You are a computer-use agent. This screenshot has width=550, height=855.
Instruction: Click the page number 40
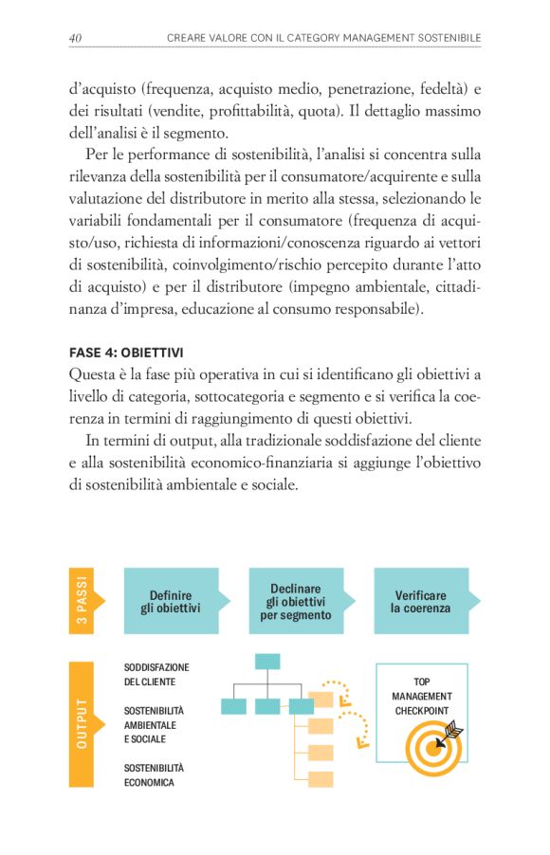(x=75, y=37)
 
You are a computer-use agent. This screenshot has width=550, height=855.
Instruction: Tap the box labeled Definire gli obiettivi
(x=171, y=602)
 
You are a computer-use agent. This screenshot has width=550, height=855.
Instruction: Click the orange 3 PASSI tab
(x=82, y=601)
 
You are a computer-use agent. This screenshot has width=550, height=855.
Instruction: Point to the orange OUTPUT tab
(x=82, y=724)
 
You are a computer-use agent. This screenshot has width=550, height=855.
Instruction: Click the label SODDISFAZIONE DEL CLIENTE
(x=156, y=675)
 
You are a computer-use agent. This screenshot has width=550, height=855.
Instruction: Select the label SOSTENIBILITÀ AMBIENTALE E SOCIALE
(x=155, y=725)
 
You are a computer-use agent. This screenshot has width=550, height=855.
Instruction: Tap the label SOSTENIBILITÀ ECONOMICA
(x=154, y=775)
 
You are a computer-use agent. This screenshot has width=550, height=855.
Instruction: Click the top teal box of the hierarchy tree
(x=267, y=661)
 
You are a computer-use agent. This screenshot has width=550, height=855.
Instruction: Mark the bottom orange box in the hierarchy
(x=321, y=779)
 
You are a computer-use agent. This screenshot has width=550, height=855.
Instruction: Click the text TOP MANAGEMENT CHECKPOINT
(x=422, y=696)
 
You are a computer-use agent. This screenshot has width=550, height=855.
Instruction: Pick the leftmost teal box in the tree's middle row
(x=233, y=706)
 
